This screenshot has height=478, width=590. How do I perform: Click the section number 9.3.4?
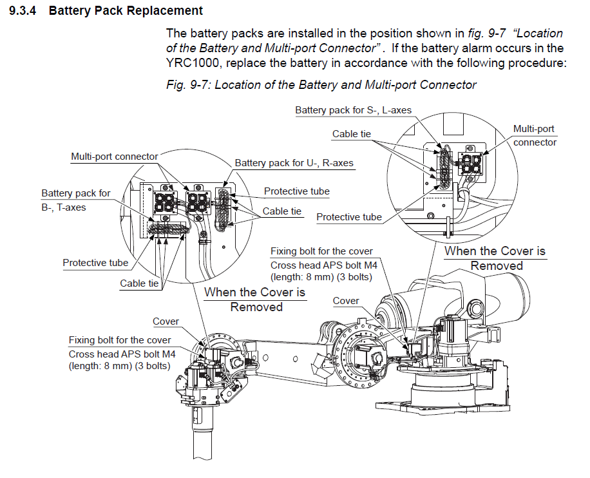click(x=24, y=11)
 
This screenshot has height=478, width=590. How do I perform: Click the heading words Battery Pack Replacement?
click(x=126, y=11)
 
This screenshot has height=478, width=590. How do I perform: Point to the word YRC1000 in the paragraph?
click(x=189, y=63)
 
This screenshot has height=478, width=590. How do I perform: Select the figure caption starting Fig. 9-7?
click(x=321, y=85)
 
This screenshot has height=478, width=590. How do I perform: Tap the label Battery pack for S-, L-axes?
click(x=353, y=110)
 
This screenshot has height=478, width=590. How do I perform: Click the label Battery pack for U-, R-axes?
click(x=294, y=163)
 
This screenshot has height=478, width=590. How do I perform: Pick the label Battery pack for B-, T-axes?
click(x=75, y=200)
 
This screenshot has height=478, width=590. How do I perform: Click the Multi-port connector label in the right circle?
click(x=534, y=135)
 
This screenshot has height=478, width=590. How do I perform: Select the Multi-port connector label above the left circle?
click(x=114, y=157)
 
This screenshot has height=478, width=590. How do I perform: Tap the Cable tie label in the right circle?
click(x=351, y=134)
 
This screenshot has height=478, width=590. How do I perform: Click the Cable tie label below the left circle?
click(x=140, y=283)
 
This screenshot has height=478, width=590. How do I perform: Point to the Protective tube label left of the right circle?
click(x=348, y=217)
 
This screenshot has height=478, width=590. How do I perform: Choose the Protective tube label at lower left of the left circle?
click(x=95, y=262)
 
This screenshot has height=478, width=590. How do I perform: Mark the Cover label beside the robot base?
click(x=346, y=301)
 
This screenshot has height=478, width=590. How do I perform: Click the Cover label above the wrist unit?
click(x=166, y=321)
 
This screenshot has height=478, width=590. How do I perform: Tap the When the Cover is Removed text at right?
click(x=495, y=258)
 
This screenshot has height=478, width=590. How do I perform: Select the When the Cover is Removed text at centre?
click(x=255, y=300)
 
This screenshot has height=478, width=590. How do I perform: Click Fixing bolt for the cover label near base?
click(x=321, y=251)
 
